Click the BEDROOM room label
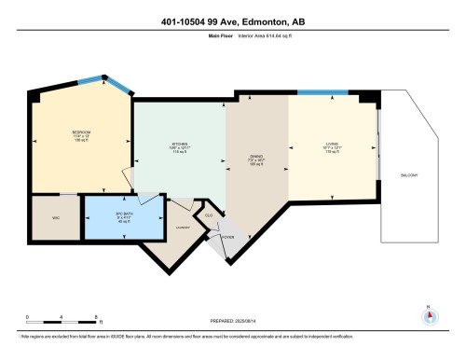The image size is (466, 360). (81, 132)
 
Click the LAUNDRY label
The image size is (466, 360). (184, 227)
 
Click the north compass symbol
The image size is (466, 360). (430, 314)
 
